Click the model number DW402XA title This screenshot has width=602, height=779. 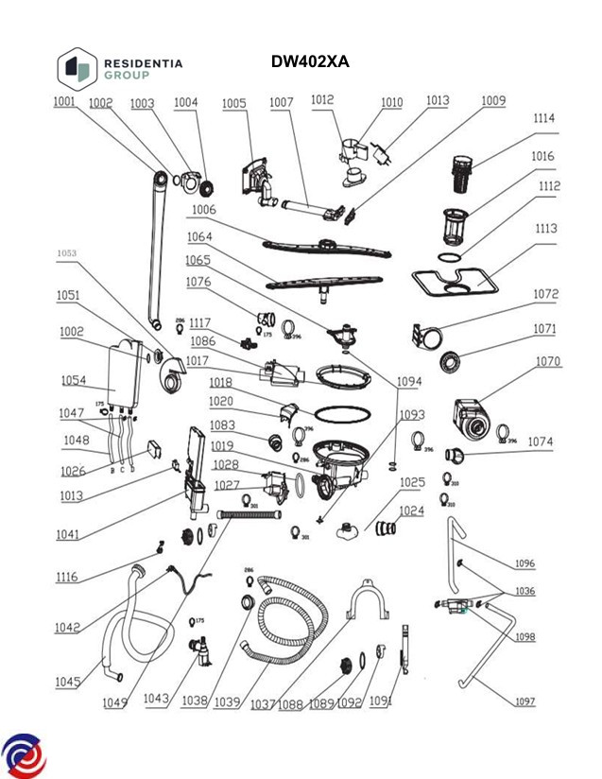click(x=310, y=62)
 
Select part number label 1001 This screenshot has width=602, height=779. click(x=64, y=102)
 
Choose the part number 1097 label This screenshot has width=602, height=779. click(x=525, y=701)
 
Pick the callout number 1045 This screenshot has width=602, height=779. click(x=68, y=682)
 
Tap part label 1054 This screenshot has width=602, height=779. click(x=74, y=380)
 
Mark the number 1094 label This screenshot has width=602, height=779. click(x=409, y=382)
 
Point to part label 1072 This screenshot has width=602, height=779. click(x=546, y=295)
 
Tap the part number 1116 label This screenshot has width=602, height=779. click(x=67, y=577)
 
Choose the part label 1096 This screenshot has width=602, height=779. click(x=525, y=563)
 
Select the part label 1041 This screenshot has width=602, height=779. click(x=67, y=535)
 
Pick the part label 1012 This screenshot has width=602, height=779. click(x=322, y=99)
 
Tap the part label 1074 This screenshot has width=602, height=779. click(x=541, y=441)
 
